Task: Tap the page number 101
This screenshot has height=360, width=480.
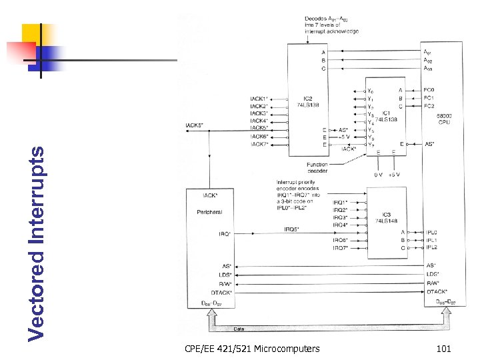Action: click(443, 349)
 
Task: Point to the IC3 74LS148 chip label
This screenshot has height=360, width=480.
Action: click(382, 217)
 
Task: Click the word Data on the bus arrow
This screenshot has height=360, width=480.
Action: click(239, 329)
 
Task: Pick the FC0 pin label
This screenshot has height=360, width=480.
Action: click(429, 90)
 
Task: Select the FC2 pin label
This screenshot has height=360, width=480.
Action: click(429, 106)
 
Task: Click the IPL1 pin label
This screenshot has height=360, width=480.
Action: click(431, 240)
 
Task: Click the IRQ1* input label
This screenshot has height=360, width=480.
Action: click(340, 202)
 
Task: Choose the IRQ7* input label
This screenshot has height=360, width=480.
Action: click(340, 248)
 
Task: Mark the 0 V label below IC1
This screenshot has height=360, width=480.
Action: click(378, 175)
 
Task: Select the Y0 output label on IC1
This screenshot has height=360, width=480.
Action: click(371, 90)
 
